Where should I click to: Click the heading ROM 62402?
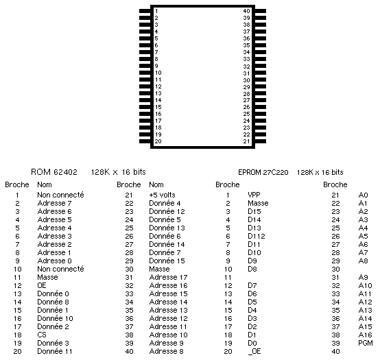[x=54, y=172]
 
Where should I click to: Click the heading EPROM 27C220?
[x=263, y=172]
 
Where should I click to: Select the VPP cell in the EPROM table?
[x=254, y=195]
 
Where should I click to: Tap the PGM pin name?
[x=365, y=343]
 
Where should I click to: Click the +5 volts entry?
[x=162, y=195]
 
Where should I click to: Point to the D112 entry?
[x=257, y=236]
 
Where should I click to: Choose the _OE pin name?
[x=254, y=351]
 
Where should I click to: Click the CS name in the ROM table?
[x=42, y=335]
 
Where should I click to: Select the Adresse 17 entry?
[x=168, y=277]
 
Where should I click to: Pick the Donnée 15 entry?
[x=167, y=261]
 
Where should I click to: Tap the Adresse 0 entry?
[x=54, y=261]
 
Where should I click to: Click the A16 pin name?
[x=365, y=335]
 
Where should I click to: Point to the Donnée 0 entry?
[x=53, y=293]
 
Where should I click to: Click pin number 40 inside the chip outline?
[x=246, y=11]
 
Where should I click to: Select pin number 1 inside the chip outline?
[x=156, y=11]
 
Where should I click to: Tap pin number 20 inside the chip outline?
[x=158, y=141]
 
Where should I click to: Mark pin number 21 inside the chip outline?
[x=246, y=141]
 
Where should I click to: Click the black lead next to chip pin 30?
[x=261, y=80]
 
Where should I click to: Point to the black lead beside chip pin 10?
[x=145, y=73]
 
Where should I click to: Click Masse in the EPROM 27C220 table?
[x=258, y=203]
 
